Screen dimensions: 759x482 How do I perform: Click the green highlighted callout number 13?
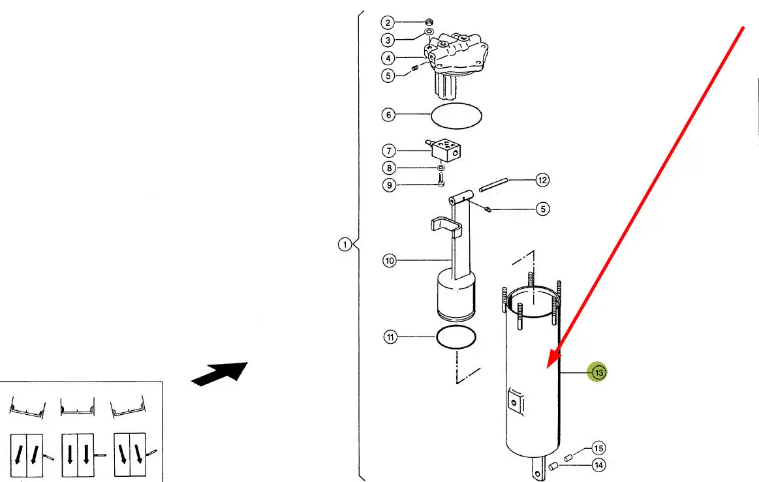598,372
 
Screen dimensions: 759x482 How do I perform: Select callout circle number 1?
345,245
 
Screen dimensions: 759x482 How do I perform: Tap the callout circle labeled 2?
387,23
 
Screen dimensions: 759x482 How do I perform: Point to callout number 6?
388,115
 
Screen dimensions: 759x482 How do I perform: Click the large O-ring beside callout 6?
456,116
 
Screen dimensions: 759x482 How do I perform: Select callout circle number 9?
389,185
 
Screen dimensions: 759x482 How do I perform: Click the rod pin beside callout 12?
493,185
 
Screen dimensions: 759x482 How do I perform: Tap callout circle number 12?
542,180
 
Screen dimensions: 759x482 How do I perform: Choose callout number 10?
390,260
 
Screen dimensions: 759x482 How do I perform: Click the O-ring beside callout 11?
456,337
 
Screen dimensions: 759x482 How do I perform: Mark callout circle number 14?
598,465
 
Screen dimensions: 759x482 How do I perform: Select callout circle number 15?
598,448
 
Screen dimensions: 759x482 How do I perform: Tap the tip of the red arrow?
548,368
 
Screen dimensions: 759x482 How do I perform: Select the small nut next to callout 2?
428,22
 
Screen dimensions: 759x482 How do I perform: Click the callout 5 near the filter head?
388,76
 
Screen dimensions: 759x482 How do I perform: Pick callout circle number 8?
389,168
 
